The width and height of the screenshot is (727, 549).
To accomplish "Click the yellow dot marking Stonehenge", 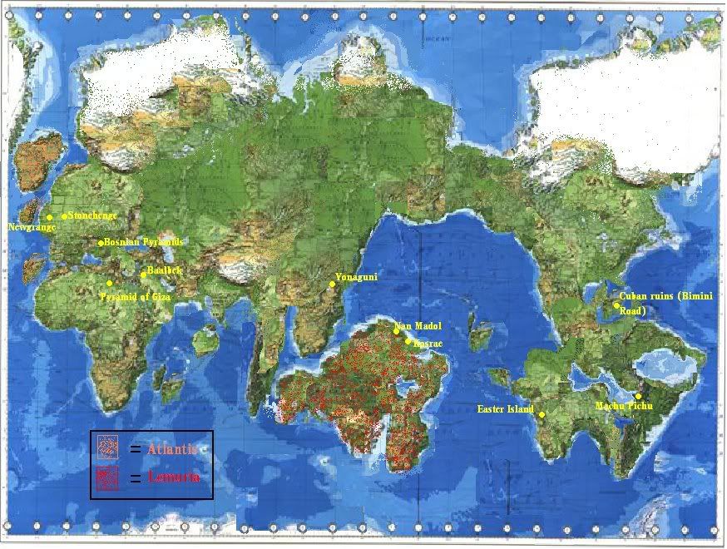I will pyautogui.click(x=64, y=216).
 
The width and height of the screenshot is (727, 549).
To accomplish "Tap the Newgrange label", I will pyautogui.click(x=32, y=226).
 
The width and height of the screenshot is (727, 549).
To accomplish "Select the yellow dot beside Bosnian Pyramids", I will pyautogui.click(x=101, y=243).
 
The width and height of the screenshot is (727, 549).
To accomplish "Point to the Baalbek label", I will pyautogui.click(x=164, y=271).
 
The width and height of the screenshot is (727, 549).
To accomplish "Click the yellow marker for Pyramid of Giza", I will pyautogui.click(x=109, y=284).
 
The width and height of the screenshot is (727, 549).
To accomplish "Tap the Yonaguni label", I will pyautogui.click(x=356, y=277).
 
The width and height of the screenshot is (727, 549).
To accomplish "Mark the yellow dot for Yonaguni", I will pyautogui.click(x=332, y=284).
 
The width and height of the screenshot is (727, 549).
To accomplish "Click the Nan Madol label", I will pyautogui.click(x=419, y=325).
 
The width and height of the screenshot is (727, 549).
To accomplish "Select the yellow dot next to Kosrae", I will pyautogui.click(x=408, y=339).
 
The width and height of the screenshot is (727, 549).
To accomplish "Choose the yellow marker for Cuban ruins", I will pyautogui.click(x=616, y=305).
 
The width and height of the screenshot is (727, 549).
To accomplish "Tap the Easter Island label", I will pyautogui.click(x=505, y=409).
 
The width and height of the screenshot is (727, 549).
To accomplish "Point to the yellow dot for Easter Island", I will pyautogui.click(x=542, y=414).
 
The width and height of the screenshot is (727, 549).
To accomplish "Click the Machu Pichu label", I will pyautogui.click(x=624, y=406).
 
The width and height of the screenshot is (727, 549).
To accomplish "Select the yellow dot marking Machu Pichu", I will pyautogui.click(x=637, y=396).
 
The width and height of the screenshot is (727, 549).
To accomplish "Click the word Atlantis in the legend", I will pyautogui.click(x=172, y=449).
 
